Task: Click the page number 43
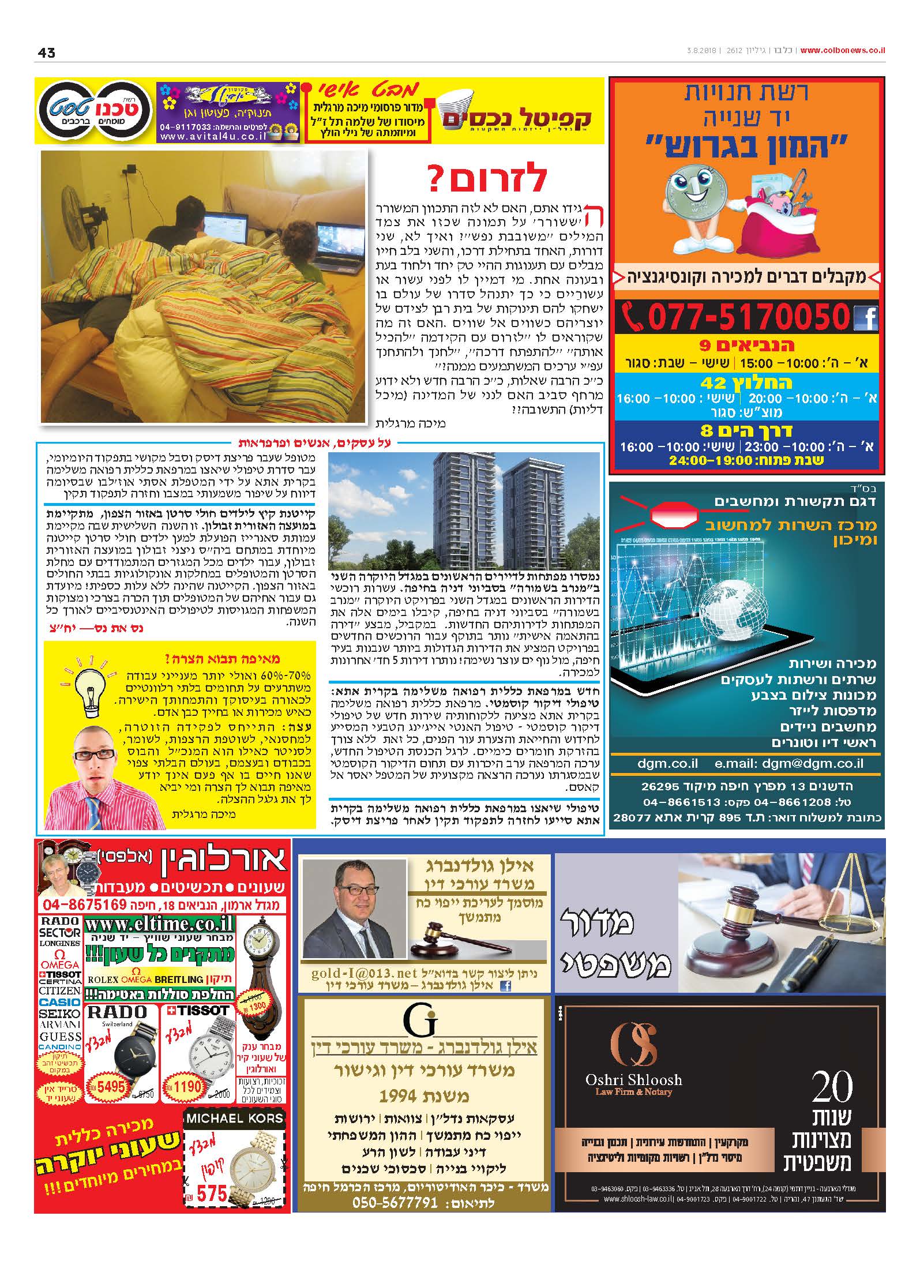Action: point(46,52)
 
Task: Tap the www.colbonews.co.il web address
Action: point(843,50)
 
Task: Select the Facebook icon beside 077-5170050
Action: point(865,318)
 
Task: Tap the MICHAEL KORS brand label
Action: point(234,1117)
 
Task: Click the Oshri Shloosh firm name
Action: point(633,1079)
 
